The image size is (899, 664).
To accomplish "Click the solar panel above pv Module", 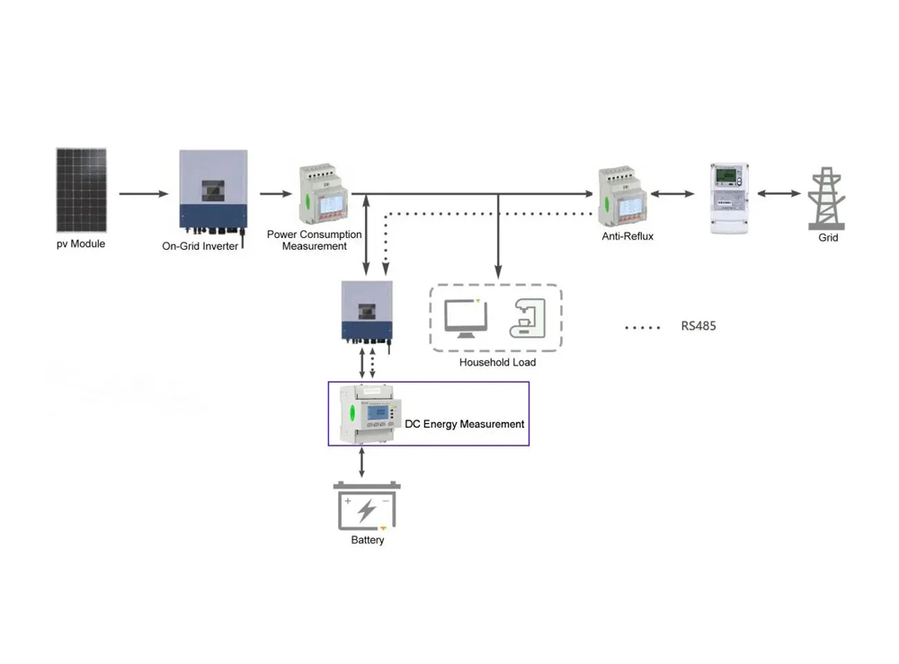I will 82,190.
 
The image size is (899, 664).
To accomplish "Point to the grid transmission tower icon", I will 827,197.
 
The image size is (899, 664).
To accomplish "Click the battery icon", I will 367,508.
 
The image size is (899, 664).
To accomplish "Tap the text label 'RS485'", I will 699,326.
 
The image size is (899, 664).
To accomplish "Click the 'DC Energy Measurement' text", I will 464,423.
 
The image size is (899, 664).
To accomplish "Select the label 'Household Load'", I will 497,362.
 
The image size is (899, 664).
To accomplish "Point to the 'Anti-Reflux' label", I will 628,237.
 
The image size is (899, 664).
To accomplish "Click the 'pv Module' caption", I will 81,243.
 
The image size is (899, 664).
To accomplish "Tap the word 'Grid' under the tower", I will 828,238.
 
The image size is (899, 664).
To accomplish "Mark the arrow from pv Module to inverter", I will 144,194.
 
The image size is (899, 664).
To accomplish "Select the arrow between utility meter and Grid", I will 779,194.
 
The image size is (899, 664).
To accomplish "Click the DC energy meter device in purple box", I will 369,413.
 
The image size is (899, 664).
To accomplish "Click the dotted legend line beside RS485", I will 643,327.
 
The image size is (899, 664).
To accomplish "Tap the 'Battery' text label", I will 368,540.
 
